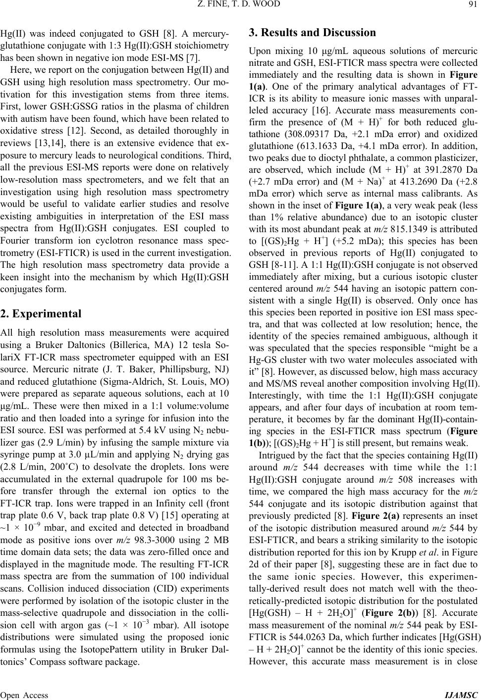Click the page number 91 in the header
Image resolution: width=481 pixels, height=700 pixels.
pyautogui.click(x=473, y=5)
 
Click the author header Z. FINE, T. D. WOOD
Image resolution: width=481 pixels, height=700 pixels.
pyautogui.click(x=240, y=5)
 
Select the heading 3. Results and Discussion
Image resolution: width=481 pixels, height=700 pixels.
pyautogui.click(x=313, y=33)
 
